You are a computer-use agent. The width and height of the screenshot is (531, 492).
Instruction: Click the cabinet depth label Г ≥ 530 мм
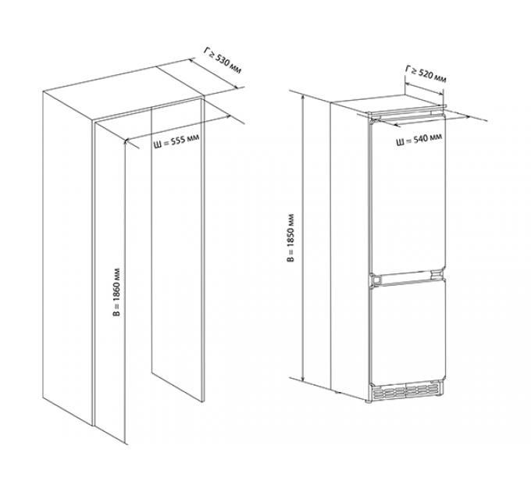pyautogui.click(x=223, y=61)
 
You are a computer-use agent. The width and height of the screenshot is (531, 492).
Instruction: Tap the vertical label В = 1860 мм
pyautogui.click(x=117, y=293)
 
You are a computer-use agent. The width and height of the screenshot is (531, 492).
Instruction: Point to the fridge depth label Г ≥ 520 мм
pyautogui.click(x=426, y=75)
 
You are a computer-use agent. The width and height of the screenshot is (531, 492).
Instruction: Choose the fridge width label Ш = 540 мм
pyautogui.click(x=419, y=140)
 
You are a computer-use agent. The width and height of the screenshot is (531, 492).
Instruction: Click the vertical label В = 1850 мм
pyautogui.click(x=290, y=237)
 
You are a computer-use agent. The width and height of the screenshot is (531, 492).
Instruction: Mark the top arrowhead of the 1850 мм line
pyautogui.click(x=304, y=96)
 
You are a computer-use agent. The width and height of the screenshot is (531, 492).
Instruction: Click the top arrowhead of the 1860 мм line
pyautogui.click(x=126, y=142)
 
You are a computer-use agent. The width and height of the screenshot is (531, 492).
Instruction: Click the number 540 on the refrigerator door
pyautogui.click(x=421, y=139)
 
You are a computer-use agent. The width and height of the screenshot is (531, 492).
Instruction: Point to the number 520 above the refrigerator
pyautogui.click(x=426, y=74)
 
